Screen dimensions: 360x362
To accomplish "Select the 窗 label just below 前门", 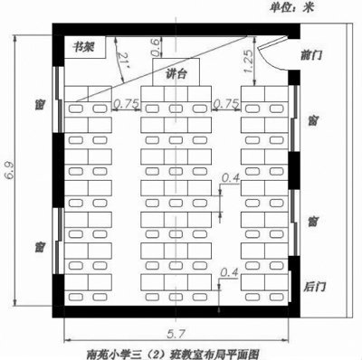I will pyautogui.click(x=311, y=120).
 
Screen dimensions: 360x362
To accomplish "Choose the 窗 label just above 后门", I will pyautogui.click(x=311, y=221).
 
